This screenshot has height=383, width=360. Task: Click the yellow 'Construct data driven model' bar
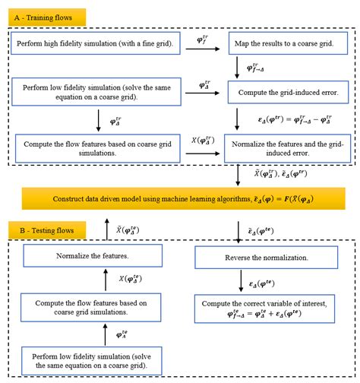coord(180,198)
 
